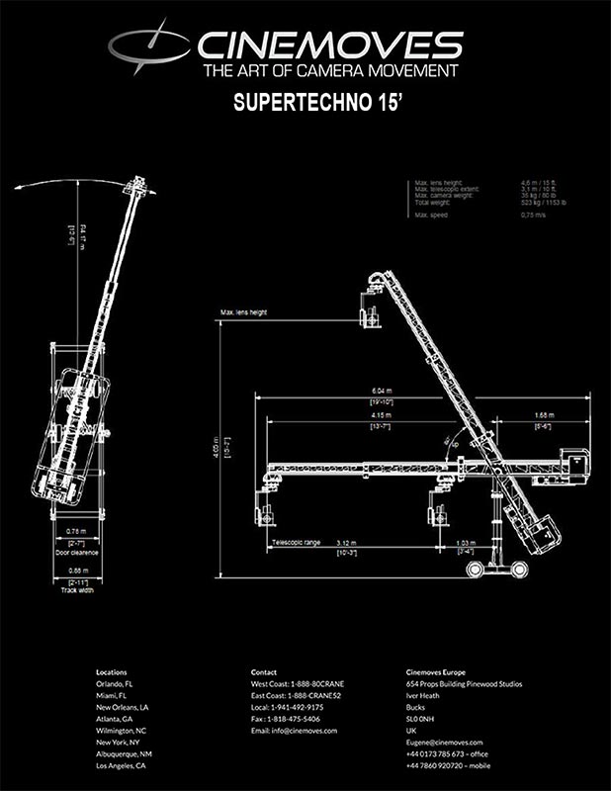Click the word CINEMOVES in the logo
pos(331,45)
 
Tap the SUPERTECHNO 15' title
pos(305,102)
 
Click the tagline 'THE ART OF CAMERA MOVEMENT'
pos(330,72)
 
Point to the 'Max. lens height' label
pos(244,312)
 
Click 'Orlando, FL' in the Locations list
pos(117,684)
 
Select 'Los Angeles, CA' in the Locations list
pos(121,765)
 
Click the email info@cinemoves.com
pos(294,731)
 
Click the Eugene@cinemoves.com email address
pos(445,742)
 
